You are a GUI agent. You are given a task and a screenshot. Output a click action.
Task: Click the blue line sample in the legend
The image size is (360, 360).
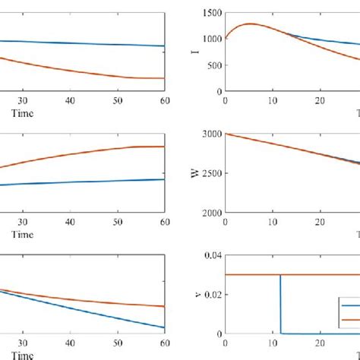350,305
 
